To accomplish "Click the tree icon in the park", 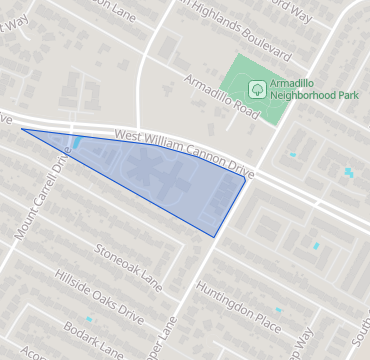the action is pyautogui.click(x=257, y=89).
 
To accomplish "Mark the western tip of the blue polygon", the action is pyautogui.click(x=22, y=129).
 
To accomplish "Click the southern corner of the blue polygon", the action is pyautogui.click(x=214, y=237).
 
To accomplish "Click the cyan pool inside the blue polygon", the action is pyautogui.click(x=77, y=143).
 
